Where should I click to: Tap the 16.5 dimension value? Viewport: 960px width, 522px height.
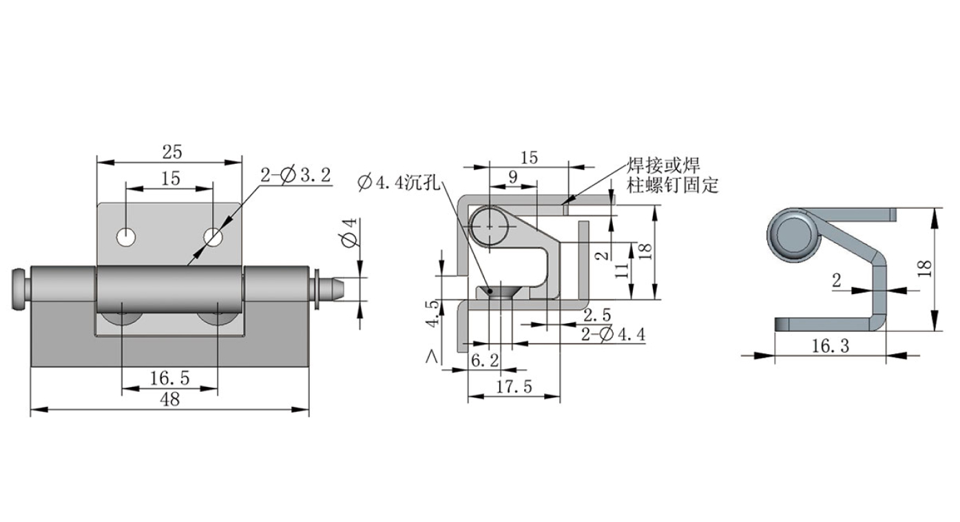point(169,377)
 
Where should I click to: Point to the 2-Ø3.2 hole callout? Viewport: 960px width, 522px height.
point(295,176)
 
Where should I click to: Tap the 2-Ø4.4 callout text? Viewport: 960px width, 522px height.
point(612,335)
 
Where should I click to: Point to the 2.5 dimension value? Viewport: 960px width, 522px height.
point(596,315)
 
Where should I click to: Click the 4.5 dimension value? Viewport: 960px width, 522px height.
point(432,313)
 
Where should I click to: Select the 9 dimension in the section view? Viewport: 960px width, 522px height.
point(512,176)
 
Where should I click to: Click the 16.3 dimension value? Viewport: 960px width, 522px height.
point(830,346)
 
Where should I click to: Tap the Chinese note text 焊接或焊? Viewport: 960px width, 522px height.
point(663,166)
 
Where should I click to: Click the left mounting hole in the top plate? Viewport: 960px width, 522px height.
point(126,237)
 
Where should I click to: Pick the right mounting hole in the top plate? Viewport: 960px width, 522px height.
point(213,238)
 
